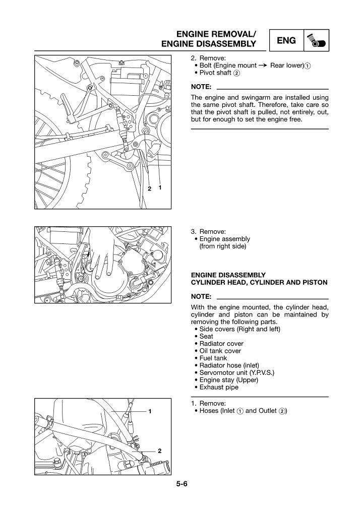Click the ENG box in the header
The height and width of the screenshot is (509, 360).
[286, 40]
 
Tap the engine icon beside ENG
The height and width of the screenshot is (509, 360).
[316, 41]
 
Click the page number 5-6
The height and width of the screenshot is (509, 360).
[182, 484]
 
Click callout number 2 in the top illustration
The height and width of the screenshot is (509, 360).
[149, 188]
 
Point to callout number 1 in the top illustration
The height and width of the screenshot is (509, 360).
[160, 187]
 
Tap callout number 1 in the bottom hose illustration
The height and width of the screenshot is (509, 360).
[150, 411]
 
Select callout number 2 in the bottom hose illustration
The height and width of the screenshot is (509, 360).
[159, 451]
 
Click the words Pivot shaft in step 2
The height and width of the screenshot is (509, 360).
[215, 73]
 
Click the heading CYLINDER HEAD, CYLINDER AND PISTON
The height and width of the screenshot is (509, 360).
[259, 282]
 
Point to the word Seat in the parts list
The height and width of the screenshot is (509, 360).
[206, 336]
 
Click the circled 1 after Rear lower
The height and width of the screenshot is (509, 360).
[308, 66]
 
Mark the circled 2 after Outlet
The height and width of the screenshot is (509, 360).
[282, 411]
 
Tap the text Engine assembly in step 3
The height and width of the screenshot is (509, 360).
[225, 239]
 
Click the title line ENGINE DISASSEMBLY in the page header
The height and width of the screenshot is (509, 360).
[209, 44]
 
